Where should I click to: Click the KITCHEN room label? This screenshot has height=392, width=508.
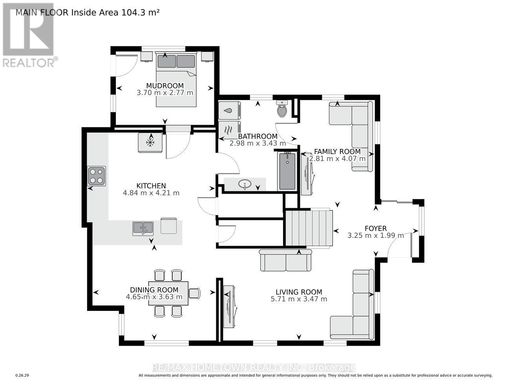pos(151,186)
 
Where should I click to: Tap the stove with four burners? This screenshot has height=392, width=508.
pos(97,176)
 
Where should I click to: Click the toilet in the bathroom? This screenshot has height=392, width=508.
pos(282,109)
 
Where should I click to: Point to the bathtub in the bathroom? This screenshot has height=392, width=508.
pos(287,171)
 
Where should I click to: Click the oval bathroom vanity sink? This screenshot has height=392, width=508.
pos(245,184)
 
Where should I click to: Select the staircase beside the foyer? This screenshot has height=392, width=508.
pos(309,229)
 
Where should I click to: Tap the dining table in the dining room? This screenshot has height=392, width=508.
pos(168,293)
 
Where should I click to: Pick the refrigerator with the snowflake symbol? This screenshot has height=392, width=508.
pos(150,143)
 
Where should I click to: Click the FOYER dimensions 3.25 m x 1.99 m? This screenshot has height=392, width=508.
pos(375,236)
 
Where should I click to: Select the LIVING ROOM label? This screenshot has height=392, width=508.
pos(298,292)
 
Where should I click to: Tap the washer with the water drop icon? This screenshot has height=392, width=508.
pos(229,111)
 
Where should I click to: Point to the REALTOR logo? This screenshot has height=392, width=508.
pos(29,35)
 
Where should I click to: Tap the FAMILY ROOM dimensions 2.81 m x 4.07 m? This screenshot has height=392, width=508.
pos(337,159)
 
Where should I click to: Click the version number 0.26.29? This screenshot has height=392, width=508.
pos(22,376)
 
